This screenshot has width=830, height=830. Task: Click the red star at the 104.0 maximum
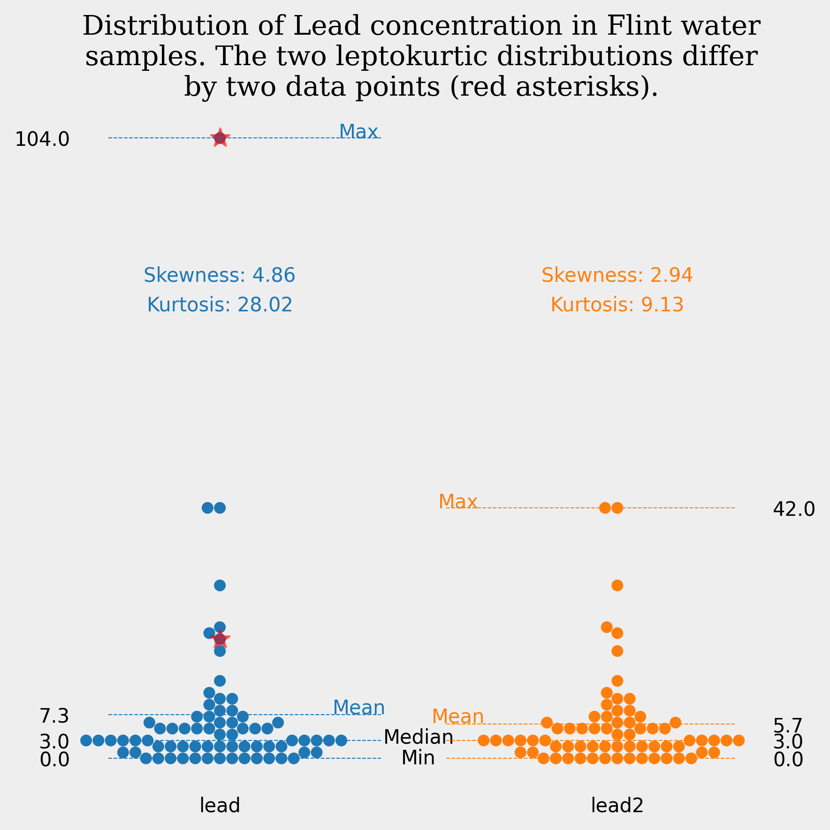[220, 138]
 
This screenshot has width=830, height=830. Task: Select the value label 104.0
[42, 140]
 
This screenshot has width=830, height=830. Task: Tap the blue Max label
[358, 132]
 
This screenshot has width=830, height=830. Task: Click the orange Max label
[457, 502]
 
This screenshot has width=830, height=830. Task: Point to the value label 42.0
[794, 510]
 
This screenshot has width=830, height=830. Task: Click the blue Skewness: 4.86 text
[220, 275]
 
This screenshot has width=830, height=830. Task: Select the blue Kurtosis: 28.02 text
[220, 305]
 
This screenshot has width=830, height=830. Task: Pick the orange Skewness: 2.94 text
[617, 275]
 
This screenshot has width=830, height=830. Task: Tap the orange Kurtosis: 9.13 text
[617, 305]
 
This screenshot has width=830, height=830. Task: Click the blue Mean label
[359, 707]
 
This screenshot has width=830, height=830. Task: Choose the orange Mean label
[457, 717]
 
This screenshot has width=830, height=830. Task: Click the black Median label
[418, 737]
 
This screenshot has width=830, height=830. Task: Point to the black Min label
[418, 758]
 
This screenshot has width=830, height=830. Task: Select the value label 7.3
[54, 717]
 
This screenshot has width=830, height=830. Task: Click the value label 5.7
[788, 726]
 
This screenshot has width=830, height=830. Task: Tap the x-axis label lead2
[617, 806]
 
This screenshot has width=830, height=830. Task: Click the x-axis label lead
[220, 806]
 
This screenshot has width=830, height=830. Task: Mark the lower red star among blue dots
[220, 639]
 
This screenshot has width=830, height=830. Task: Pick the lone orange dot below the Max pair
[617, 585]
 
